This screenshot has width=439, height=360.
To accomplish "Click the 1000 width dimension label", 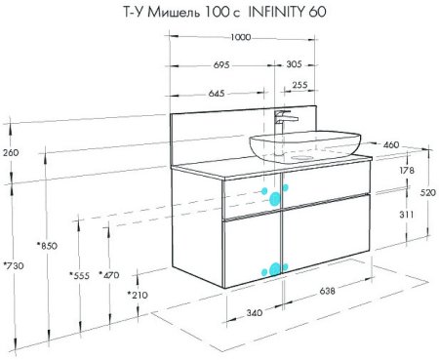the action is coord(241,37).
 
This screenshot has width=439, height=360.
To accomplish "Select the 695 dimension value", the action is coord(221,65).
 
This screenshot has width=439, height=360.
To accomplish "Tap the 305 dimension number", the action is coord(294,64).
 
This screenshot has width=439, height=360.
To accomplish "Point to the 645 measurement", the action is coord(217,94).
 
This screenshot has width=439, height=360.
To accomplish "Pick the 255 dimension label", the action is coord(299,85).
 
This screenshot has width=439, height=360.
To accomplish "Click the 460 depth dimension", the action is coord(391,144).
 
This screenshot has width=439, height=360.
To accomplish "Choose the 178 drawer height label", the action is coord(406,170).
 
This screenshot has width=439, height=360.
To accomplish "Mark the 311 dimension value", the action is coord(406,215).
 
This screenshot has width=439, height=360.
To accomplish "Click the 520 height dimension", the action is coord(428,193).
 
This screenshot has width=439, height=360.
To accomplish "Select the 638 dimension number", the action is coord(327,291).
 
